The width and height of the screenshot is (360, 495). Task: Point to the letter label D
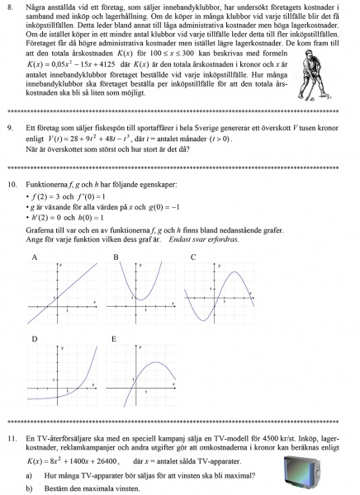(x=33, y=339)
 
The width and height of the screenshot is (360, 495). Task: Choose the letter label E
(x=116, y=339)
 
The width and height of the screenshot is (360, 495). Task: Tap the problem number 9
(x=10, y=129)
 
